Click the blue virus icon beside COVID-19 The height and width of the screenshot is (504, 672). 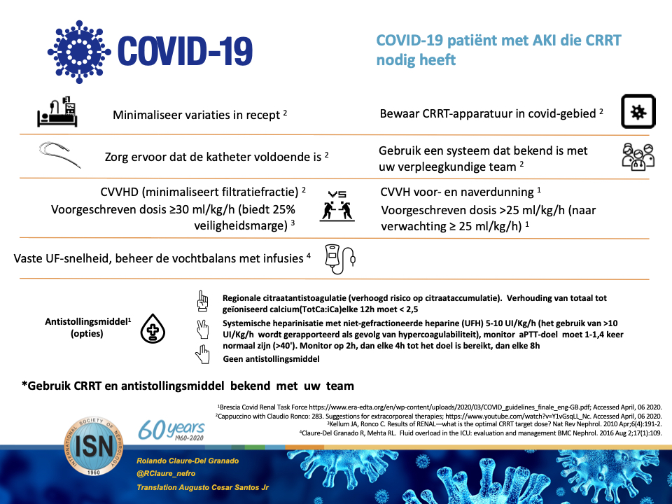point(80,46)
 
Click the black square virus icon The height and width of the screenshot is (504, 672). point(638,112)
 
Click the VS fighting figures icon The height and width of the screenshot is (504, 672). point(337,205)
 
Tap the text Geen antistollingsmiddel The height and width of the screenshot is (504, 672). point(271,358)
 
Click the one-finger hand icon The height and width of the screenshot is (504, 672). point(204,302)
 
